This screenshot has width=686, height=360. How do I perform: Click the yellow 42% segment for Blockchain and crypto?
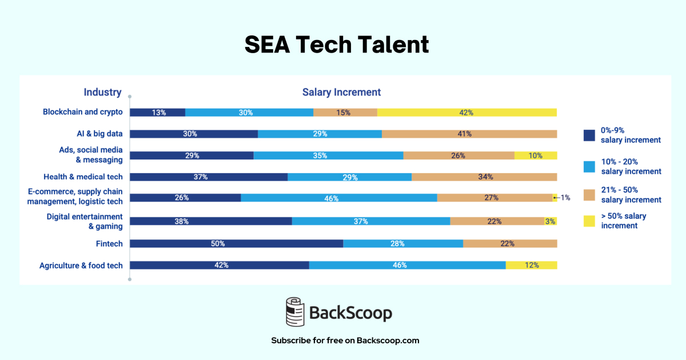point(466,113)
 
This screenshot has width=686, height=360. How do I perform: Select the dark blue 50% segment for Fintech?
point(236,243)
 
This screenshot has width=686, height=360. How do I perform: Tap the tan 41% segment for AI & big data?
point(469,134)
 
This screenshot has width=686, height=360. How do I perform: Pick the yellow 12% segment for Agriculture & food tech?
point(531,265)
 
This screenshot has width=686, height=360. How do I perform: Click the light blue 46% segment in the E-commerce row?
point(338,198)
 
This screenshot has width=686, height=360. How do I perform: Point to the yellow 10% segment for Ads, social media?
point(536,155)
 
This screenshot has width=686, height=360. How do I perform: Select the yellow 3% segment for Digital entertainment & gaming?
point(551,221)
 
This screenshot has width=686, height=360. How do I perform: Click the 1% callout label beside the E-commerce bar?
point(565,198)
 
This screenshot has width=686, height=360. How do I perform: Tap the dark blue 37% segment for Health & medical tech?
point(208,177)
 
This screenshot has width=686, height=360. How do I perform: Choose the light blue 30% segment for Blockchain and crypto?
point(249,113)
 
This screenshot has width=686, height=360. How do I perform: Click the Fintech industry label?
point(109,243)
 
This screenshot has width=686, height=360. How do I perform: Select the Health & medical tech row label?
point(83,177)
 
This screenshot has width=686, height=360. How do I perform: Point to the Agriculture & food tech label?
point(81,265)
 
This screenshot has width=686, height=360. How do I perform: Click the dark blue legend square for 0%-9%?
point(589,135)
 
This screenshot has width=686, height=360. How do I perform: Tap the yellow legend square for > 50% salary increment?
point(589,221)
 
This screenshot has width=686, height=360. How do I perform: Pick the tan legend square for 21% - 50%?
point(589,194)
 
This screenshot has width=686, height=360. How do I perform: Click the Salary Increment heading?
point(341,92)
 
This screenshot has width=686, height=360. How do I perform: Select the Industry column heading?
point(102,92)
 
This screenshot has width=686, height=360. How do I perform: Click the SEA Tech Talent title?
point(337,44)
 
